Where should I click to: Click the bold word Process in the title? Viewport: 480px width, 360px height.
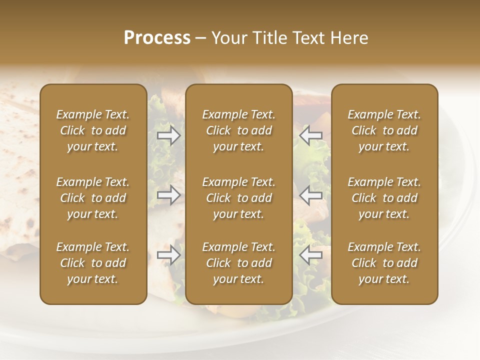(x=157, y=38)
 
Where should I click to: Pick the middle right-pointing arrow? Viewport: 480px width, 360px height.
(x=168, y=195)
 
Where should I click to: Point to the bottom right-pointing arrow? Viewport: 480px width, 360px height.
(x=168, y=255)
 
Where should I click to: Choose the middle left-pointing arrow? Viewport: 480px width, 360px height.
(x=310, y=195)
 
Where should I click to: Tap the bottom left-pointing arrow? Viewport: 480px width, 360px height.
(x=310, y=255)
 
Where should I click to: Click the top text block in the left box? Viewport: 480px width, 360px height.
(x=93, y=130)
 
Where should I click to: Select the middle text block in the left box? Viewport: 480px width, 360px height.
(x=93, y=198)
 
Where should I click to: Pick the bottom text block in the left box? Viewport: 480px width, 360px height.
(x=93, y=263)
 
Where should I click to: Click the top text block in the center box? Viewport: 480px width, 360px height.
(x=239, y=130)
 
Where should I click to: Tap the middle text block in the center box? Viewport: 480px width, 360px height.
(x=239, y=198)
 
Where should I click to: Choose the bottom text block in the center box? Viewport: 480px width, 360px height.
(x=239, y=263)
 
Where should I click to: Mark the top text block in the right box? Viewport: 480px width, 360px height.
(x=384, y=130)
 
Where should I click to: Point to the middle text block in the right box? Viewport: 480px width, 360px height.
(x=384, y=198)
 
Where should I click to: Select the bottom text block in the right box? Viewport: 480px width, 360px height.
(x=384, y=263)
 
